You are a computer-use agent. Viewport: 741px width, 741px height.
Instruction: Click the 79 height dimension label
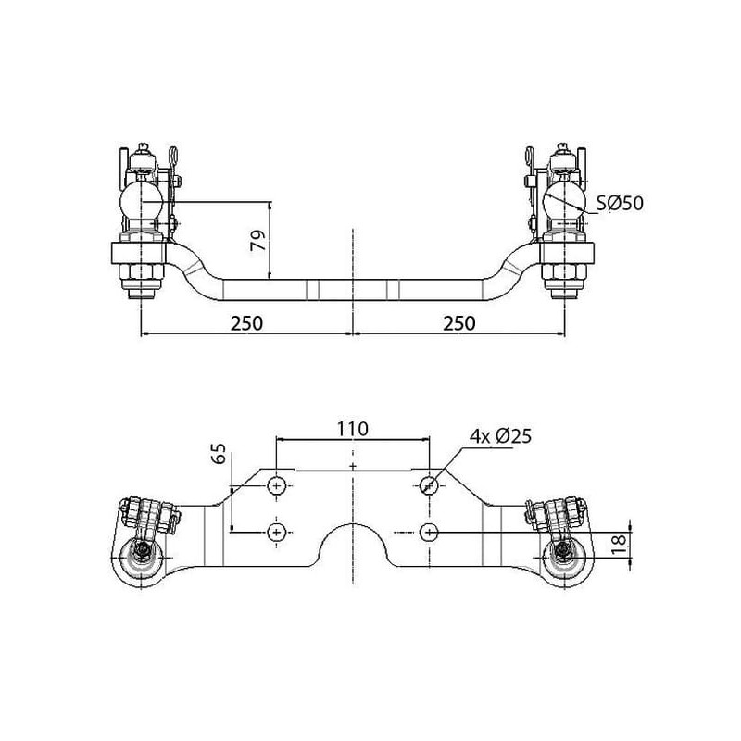coord(258,241)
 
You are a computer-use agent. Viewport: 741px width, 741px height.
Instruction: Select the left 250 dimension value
coord(246,323)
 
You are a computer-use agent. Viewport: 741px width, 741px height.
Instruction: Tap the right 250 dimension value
coord(459,323)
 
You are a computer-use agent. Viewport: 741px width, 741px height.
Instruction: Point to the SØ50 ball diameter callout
coord(620,203)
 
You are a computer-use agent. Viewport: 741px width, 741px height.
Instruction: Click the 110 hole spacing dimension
coord(353,429)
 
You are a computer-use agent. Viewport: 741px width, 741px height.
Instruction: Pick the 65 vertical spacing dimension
coord(219,454)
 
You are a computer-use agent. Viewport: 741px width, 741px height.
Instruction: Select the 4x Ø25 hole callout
coord(500,435)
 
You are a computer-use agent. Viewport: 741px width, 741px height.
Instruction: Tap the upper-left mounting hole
coord(276,485)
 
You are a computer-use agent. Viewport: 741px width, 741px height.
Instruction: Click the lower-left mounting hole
coord(276,533)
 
